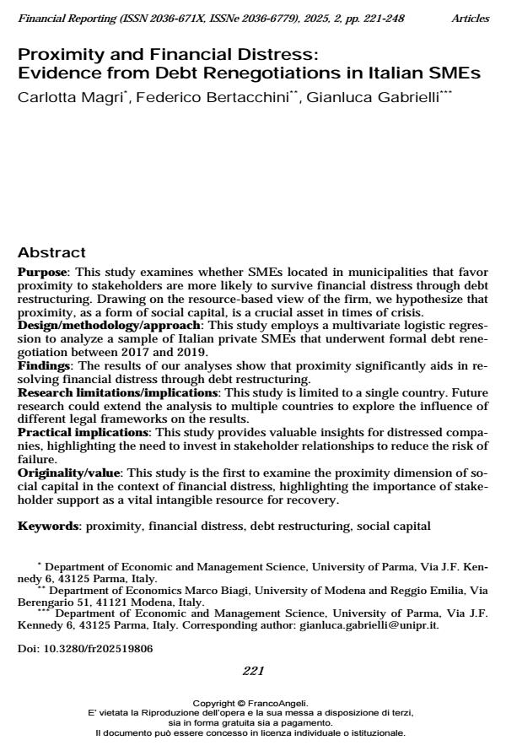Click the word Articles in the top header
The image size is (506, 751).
(471, 18)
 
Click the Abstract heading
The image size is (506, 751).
(51, 253)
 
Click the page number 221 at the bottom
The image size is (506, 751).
(253, 672)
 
